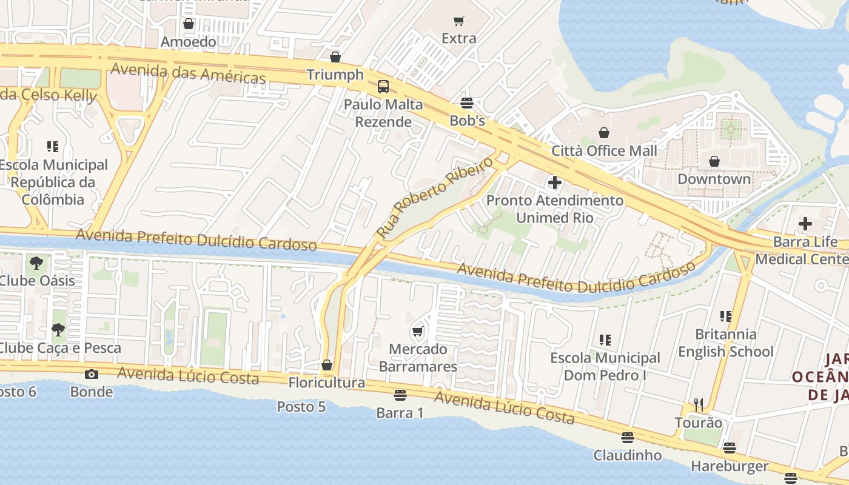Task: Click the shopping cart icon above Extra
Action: coord(459,21)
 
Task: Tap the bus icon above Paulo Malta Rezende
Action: coord(383,87)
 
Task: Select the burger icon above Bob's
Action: coord(467,103)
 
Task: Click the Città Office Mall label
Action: coord(604,150)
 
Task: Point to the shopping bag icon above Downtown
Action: coord(714,161)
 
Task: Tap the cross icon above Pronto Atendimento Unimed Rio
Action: coord(554,182)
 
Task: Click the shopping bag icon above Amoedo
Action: coord(189,24)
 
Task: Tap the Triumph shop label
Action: coord(335,75)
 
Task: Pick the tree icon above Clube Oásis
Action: coord(36,263)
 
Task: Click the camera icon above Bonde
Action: coord(92,374)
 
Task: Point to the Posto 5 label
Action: coord(301,406)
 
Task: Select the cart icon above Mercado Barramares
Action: coord(417,331)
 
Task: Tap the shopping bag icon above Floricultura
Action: coord(327,365)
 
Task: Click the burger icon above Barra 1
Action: coord(400,395)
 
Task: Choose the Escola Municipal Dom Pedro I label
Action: coord(605,367)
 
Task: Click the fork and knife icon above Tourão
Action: coord(699,404)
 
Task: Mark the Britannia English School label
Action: coord(725,343)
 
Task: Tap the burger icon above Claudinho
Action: coord(628,437)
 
